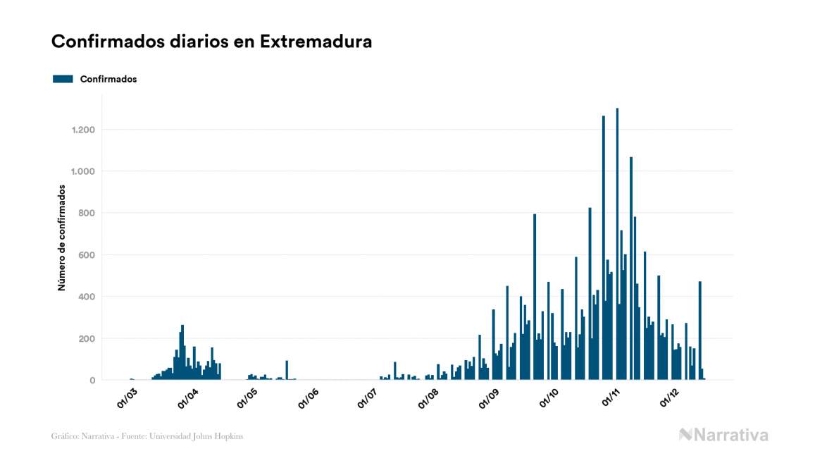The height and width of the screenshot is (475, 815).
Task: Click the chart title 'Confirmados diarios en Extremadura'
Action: pos(211,42)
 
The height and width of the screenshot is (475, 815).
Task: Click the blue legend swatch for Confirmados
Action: pos(63,79)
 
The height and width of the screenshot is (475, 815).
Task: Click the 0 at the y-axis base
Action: pos(92,381)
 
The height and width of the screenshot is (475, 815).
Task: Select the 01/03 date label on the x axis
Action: pos(126,397)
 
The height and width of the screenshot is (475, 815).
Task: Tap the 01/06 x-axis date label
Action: pos(308,397)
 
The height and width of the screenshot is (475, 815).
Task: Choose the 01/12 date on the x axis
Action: pos(668,397)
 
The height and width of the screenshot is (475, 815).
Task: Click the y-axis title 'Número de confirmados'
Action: pos(61,238)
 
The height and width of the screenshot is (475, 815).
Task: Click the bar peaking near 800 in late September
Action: pos(535,296)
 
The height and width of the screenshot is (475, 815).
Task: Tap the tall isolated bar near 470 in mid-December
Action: pos(699,331)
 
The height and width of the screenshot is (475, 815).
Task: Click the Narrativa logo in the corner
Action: pos(723,435)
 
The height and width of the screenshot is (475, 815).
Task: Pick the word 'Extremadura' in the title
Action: pos(316,42)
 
